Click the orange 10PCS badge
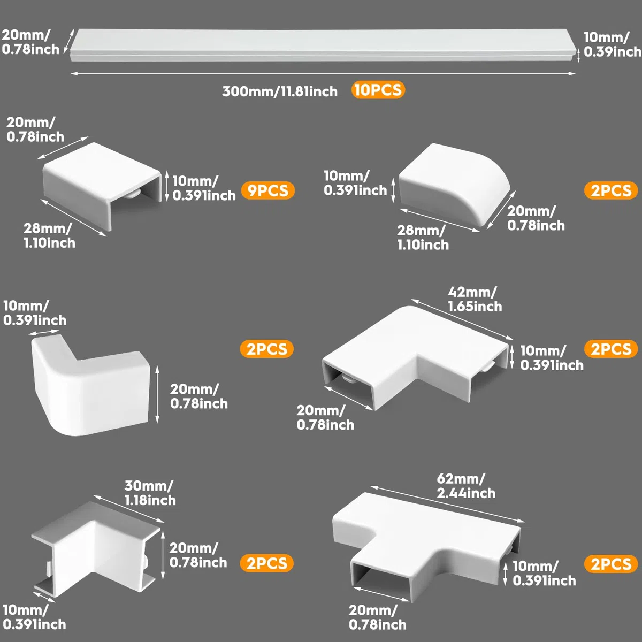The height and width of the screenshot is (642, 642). tap(378, 90)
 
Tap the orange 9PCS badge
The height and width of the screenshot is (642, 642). tap(268, 190)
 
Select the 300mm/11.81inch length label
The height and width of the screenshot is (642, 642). tap(280, 91)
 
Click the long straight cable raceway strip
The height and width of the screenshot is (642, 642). tap(323, 45)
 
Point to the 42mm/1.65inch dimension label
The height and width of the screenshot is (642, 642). tap(475, 299)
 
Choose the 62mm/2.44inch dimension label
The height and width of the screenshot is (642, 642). tap(466, 486)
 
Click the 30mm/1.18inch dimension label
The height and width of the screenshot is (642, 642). tap(150, 493)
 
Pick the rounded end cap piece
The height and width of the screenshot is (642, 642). tap(455, 184)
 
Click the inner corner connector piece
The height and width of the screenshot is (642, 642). tap(97, 550)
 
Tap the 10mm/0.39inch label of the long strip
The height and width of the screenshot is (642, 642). tap(613, 44)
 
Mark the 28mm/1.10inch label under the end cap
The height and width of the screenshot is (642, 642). tap(423, 238)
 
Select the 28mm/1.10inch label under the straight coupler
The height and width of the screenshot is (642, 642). tap(49, 235)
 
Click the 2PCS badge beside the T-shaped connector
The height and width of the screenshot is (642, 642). tap(611, 564)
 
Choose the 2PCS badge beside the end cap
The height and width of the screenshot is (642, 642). tap(611, 190)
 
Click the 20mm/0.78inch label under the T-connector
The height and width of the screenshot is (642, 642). tap(378, 617)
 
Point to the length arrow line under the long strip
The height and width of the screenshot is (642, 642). tap(323, 74)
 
